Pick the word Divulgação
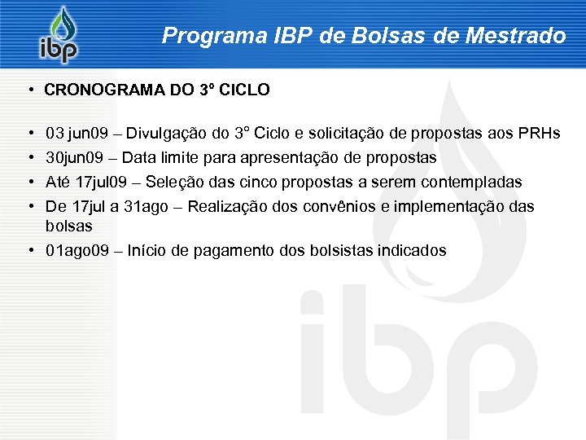tap(164, 133)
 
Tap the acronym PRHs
tap(538, 133)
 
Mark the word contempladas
tap(474, 182)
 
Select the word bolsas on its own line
tap(69, 226)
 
